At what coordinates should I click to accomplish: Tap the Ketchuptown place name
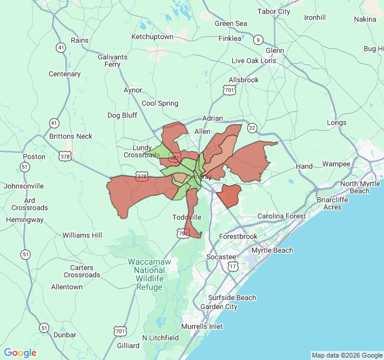(152, 37)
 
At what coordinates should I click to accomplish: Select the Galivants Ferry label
(112, 61)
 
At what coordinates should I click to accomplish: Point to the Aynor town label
(133, 90)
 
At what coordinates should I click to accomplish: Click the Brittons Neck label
(71, 136)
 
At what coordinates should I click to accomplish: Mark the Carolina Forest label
(281, 216)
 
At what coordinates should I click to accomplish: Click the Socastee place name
(221, 257)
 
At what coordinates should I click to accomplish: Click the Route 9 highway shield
(258, 40)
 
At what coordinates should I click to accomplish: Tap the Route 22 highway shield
(252, 127)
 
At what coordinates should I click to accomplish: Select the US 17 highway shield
(233, 265)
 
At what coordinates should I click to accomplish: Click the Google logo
(20, 353)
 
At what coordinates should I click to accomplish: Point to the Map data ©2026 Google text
(347, 355)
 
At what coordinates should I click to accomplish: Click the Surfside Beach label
(232, 298)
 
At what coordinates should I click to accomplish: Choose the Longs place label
(337, 122)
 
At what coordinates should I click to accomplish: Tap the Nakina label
(365, 19)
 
